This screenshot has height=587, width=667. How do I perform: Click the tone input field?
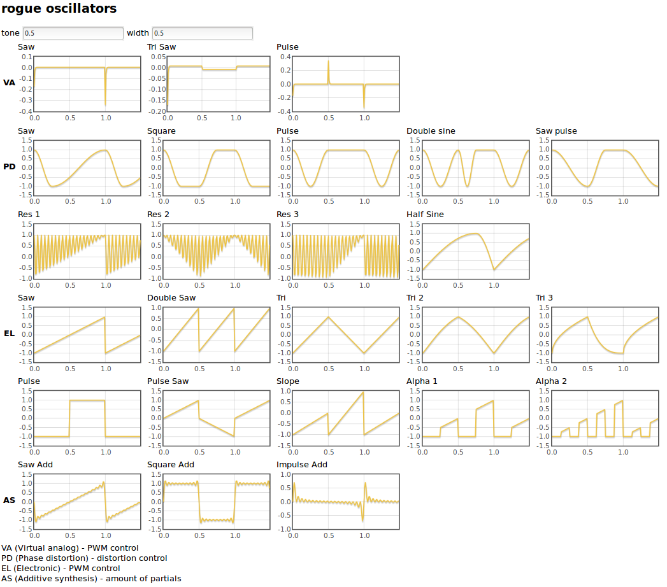pyautogui.click(x=73, y=33)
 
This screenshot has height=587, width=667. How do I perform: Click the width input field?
pyautogui.click(x=202, y=33)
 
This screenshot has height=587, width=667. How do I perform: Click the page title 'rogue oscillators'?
pyautogui.click(x=59, y=9)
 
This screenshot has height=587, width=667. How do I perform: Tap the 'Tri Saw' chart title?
pyautogui.click(x=162, y=47)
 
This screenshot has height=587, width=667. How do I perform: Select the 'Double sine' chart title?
pyautogui.click(x=431, y=131)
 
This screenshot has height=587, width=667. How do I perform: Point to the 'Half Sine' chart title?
pyautogui.click(x=425, y=215)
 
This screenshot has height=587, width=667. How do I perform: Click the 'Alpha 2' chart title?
pyautogui.click(x=551, y=381)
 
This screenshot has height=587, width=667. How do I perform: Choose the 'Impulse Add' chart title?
pyautogui.click(x=302, y=465)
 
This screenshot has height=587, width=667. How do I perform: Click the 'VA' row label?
pyautogui.click(x=9, y=83)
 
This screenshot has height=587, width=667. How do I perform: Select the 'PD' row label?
pyautogui.click(x=9, y=167)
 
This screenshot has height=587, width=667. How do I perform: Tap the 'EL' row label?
pyautogui.click(x=9, y=333)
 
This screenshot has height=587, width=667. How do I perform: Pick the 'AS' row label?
pyautogui.click(x=9, y=500)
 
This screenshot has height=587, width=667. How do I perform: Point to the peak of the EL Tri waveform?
pyautogui.click(x=328, y=317)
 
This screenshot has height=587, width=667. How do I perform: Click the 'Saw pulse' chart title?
pyautogui.click(x=556, y=131)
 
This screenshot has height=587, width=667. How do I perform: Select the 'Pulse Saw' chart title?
pyautogui.click(x=168, y=381)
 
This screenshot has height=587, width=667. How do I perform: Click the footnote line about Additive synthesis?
pyautogui.click(x=91, y=579)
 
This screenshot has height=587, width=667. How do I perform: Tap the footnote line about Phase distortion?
pyautogui.click(x=84, y=558)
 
